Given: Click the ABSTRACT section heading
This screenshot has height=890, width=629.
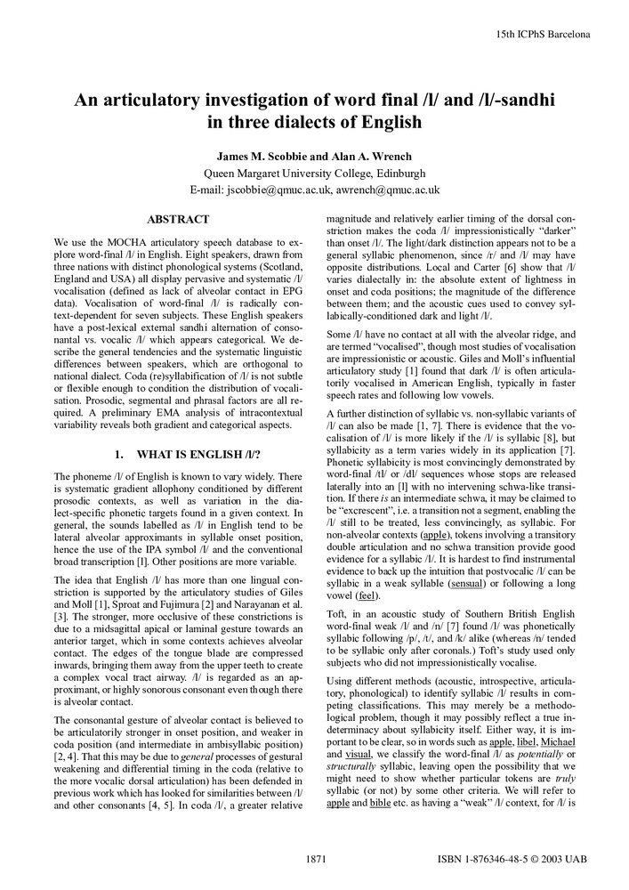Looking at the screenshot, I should [x=178, y=219].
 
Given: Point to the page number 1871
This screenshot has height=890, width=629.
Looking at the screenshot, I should [x=319, y=861].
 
